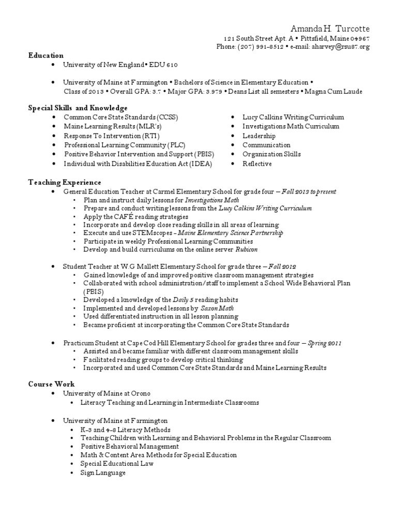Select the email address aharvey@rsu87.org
pyautogui.click(x=337, y=47)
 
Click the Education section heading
pyautogui.click(x=46, y=55)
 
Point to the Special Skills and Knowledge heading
pyautogui.click(x=78, y=108)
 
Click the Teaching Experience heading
pyautogui.click(x=65, y=182)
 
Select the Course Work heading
pyautogui.click(x=51, y=384)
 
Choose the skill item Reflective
pyautogui.click(x=257, y=164)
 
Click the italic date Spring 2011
pyautogui.click(x=324, y=343)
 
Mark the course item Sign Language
pyautogui.click(x=103, y=473)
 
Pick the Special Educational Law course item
pyautogui.click(x=117, y=464)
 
